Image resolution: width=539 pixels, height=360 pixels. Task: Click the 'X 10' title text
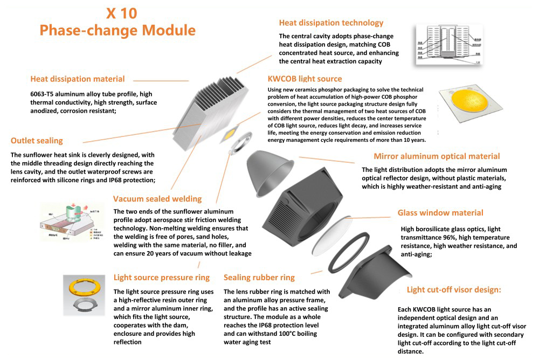click(x=118, y=12)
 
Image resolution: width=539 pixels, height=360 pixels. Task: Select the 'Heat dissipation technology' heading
click(x=331, y=23)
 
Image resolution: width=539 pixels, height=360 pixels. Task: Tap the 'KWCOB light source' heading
click(x=305, y=79)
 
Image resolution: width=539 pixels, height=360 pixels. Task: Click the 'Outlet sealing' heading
click(x=37, y=141)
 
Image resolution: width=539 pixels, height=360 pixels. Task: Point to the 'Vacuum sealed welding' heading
click(x=157, y=198)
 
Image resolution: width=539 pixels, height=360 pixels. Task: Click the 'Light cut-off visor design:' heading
click(x=454, y=289)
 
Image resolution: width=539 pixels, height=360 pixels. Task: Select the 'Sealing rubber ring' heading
click(x=259, y=278)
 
